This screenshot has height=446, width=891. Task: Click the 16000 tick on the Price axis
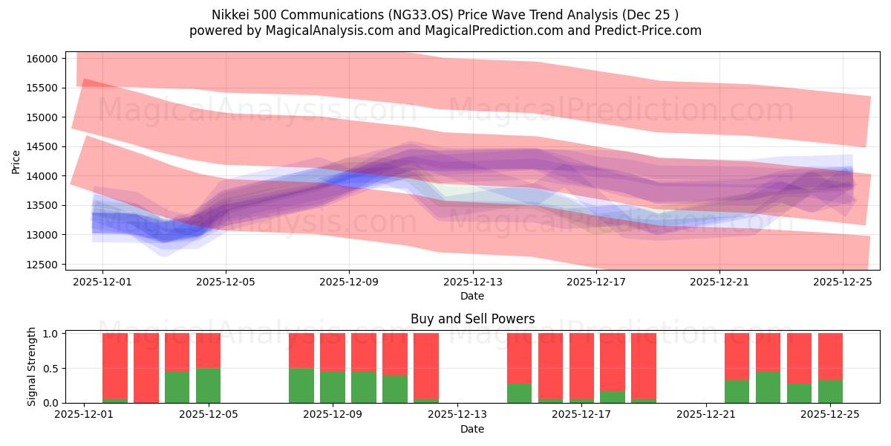[x=43, y=59]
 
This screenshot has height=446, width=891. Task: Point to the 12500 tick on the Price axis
[x=43, y=265]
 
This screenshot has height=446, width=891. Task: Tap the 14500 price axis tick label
[x=43, y=147]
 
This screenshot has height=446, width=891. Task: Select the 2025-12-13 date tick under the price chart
[x=472, y=282]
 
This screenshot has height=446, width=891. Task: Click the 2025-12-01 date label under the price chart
[x=102, y=282]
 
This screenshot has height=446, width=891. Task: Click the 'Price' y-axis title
[x=16, y=161]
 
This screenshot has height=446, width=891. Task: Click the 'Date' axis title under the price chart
[x=472, y=296]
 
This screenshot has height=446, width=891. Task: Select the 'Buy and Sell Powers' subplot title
[x=472, y=319]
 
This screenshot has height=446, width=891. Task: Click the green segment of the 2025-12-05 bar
[x=208, y=385]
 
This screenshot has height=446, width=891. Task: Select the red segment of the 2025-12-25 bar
[x=830, y=356]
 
